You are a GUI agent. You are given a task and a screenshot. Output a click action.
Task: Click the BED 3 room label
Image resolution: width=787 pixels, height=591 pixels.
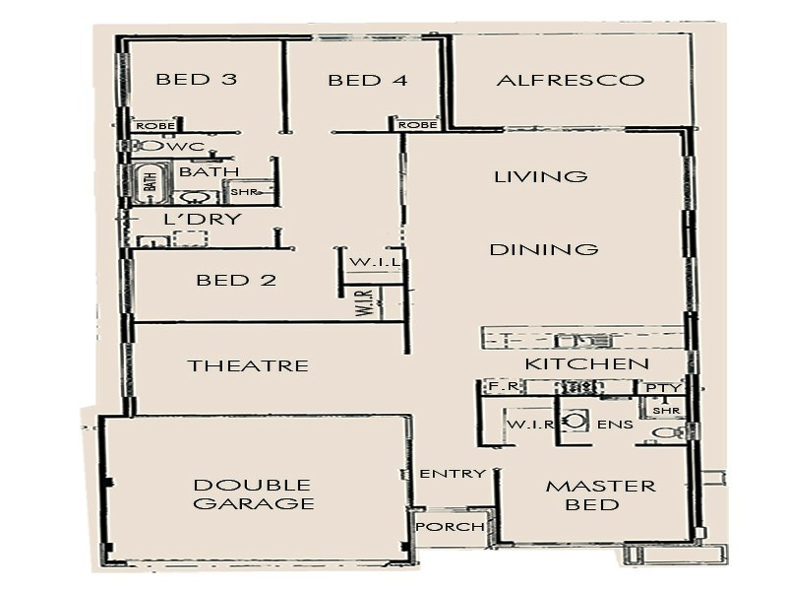point(197,80)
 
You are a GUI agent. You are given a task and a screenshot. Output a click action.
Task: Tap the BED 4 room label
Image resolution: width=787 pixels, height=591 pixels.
point(368,80)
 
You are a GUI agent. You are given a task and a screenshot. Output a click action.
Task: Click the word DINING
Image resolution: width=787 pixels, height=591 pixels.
point(544,249)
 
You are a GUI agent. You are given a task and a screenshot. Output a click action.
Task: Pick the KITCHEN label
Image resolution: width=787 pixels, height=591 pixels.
point(586,364)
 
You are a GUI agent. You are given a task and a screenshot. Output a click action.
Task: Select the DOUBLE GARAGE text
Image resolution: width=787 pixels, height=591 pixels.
point(253,494)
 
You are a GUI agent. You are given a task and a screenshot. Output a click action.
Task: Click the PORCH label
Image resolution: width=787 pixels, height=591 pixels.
point(451,527)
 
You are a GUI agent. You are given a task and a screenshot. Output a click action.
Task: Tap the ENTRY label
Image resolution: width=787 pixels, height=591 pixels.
point(453,474)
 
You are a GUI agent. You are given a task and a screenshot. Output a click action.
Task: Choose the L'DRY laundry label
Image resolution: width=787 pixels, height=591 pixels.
point(202,219)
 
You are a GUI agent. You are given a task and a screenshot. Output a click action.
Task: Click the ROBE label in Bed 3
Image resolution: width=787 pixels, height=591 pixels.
point(154,126)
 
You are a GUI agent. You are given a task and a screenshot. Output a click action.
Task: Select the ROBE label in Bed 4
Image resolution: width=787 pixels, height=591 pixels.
point(417,125)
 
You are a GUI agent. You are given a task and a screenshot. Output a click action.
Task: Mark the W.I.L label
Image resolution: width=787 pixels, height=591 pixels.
point(373,263)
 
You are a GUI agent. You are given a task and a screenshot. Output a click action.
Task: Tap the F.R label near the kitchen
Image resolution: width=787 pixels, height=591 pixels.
point(498,387)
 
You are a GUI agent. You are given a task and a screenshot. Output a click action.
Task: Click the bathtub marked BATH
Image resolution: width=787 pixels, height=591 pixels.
point(151,181)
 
